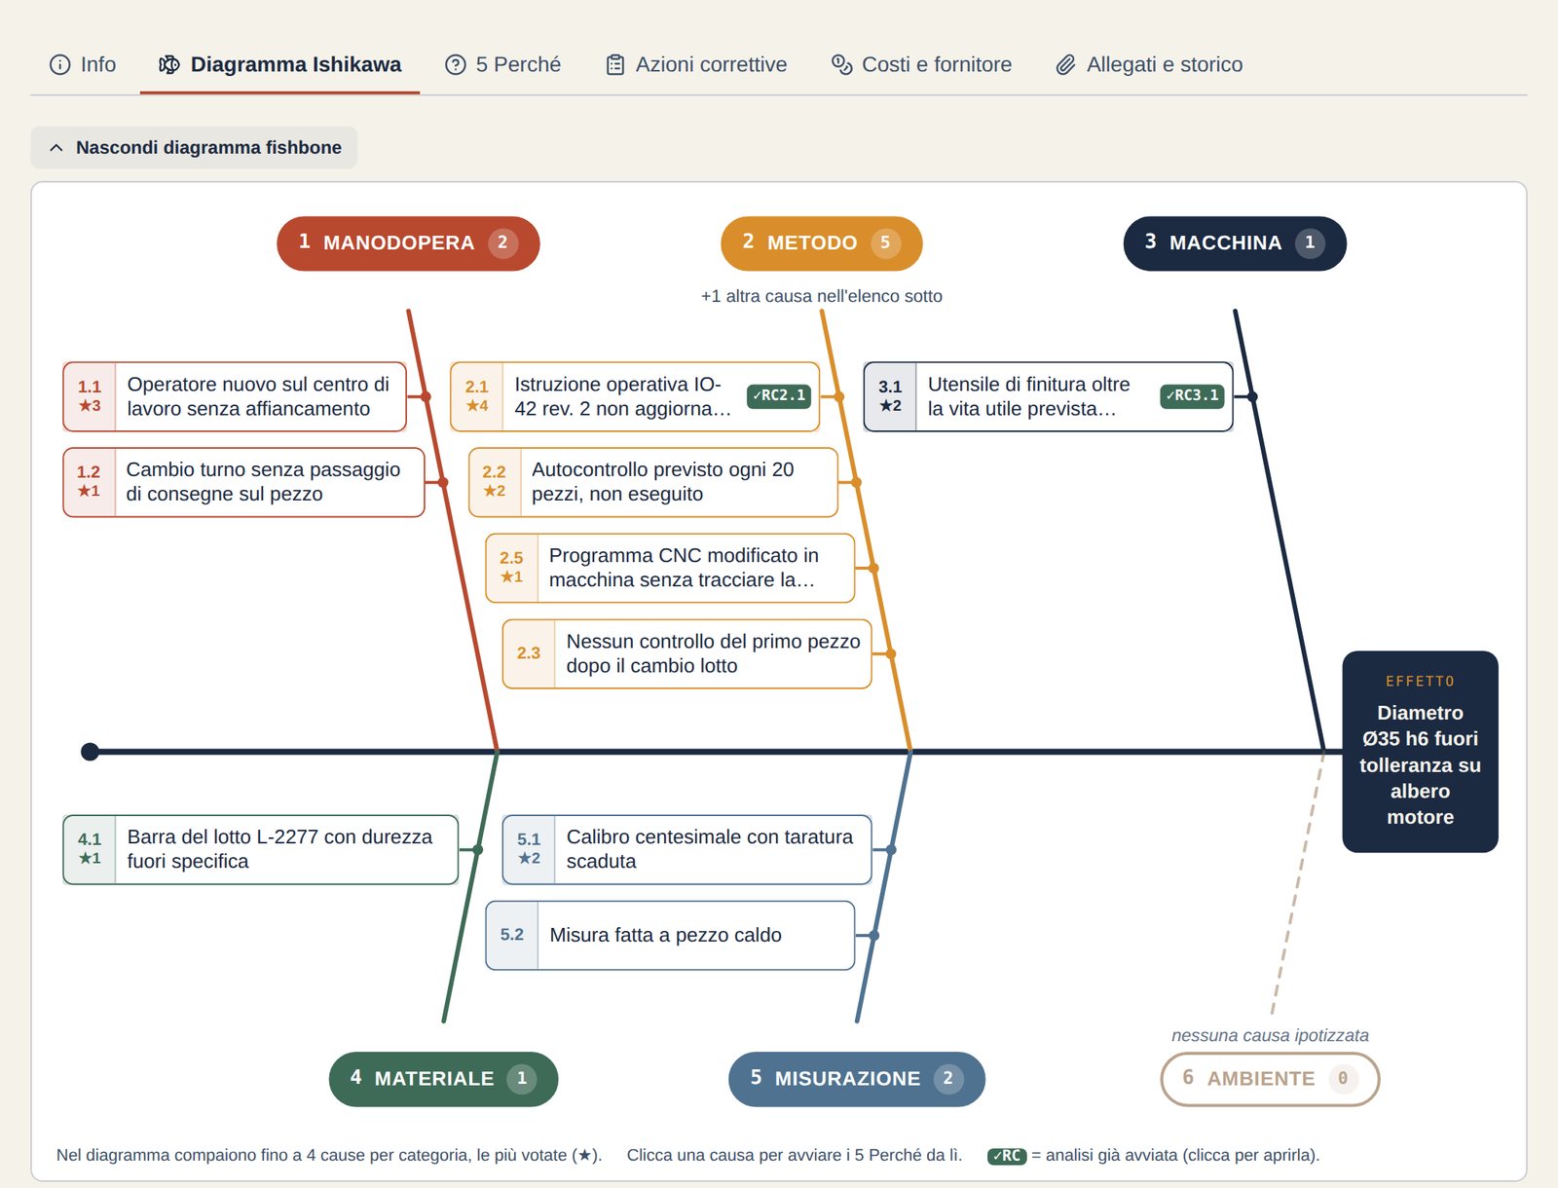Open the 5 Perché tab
[502, 64]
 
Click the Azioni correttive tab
[696, 64]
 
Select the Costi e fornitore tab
[921, 64]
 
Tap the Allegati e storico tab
[1149, 64]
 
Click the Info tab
[83, 64]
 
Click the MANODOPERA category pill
[408, 243]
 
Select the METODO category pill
[821, 243]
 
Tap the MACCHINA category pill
[1235, 243]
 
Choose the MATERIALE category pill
[443, 1079]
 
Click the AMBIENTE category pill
[1270, 1079]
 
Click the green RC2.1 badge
[779, 396]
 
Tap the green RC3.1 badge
[1193, 396]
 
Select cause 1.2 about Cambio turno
[243, 483]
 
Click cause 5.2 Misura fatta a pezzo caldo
[669, 936]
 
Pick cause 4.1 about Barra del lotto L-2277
[261, 849]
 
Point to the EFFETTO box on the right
[1420, 752]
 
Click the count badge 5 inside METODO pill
[885, 243]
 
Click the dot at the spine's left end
[91, 752]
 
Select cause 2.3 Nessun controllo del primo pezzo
[686, 653]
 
